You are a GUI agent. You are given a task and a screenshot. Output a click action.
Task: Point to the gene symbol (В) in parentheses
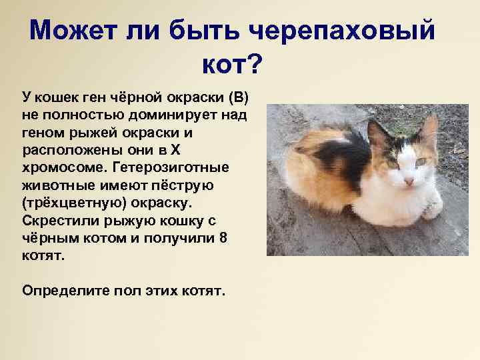click(x=239, y=99)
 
